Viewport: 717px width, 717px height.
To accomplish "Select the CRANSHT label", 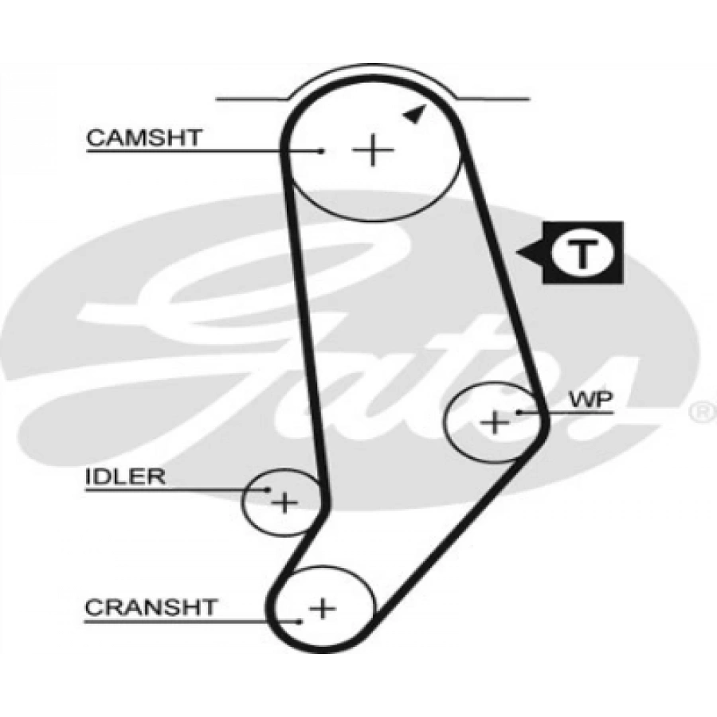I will tap(150, 607).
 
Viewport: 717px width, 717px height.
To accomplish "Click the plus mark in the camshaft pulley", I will tap(371, 150).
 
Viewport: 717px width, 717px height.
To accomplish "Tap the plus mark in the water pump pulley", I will tap(496, 421).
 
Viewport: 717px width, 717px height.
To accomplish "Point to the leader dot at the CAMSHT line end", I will tap(320, 151).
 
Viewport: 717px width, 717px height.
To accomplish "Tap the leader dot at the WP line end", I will tap(519, 412).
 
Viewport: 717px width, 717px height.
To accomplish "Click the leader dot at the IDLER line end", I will tap(268, 490).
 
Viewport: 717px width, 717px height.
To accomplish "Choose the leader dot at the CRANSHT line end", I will tap(299, 621).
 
